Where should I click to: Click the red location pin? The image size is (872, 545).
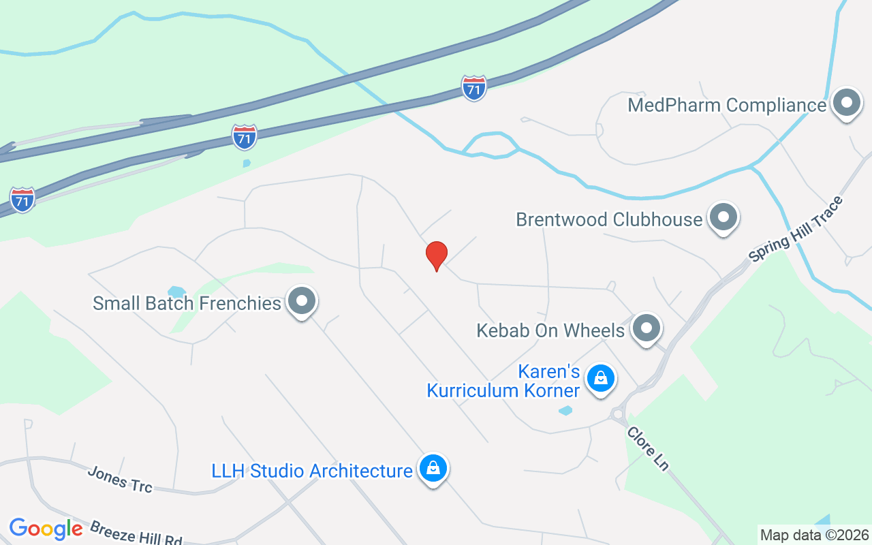pyautogui.click(x=436, y=255)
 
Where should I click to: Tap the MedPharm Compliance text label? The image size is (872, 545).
pyautogui.click(x=726, y=106)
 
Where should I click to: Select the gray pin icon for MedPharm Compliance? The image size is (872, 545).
pyautogui.click(x=847, y=104)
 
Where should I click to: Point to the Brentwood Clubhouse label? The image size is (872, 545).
pyautogui.click(x=608, y=219)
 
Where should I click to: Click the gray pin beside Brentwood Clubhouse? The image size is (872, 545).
pyautogui.click(x=723, y=218)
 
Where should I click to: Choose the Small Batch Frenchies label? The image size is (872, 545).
pyautogui.click(x=187, y=303)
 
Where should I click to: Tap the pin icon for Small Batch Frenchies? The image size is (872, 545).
pyautogui.click(x=302, y=301)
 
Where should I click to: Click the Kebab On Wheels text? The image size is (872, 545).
pyautogui.click(x=550, y=331)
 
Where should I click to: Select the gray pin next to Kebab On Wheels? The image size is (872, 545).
pyautogui.click(x=647, y=329)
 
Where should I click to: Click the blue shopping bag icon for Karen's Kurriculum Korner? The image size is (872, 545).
pyautogui.click(x=601, y=377)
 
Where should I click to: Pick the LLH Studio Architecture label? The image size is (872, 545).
pyautogui.click(x=312, y=471)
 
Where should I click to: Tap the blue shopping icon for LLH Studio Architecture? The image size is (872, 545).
pyautogui.click(x=433, y=469)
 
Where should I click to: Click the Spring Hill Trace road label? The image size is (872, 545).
pyautogui.click(x=796, y=229)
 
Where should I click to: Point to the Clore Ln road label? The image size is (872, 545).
pyautogui.click(x=648, y=448)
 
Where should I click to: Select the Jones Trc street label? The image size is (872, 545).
pyautogui.click(x=120, y=478)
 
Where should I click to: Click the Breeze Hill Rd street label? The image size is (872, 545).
pyautogui.click(x=136, y=533)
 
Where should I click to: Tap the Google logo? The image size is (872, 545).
pyautogui.click(x=46, y=529)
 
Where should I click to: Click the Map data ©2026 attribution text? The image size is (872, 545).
pyautogui.click(x=815, y=535)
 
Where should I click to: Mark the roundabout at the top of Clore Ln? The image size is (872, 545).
pyautogui.click(x=619, y=414)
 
